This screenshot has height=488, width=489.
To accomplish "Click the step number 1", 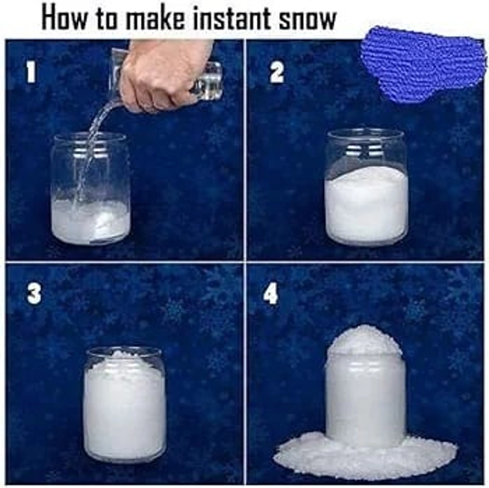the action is pos(31,73).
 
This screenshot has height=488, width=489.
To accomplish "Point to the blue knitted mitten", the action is pos(424,65).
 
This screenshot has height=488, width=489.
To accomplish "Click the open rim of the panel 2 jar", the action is pos(366,135).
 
